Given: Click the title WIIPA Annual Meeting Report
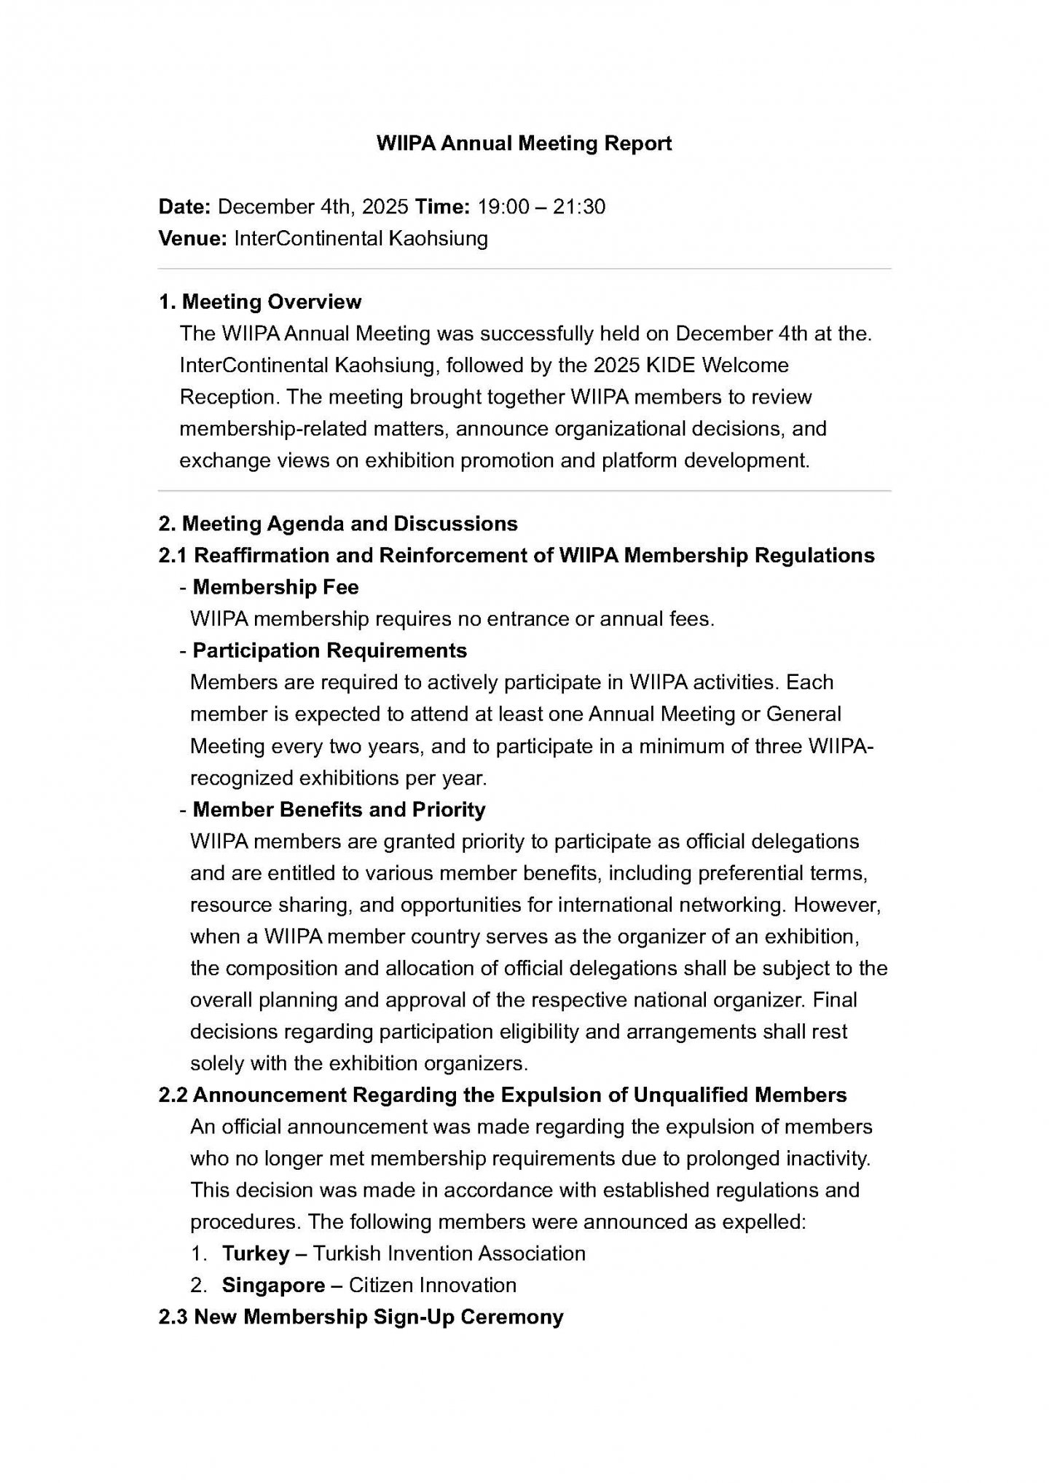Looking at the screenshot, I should tap(524, 143).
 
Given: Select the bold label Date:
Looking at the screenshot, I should tap(184, 207).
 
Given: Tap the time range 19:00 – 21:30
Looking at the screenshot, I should tap(541, 207).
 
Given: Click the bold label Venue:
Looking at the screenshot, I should tap(193, 238).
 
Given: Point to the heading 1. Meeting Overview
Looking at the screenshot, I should tap(260, 302).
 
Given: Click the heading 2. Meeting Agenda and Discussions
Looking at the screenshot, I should tap(338, 524).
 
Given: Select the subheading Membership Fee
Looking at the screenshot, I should tap(275, 587).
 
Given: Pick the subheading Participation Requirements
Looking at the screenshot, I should tap(329, 650).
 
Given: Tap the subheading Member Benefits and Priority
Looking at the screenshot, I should tap(339, 809).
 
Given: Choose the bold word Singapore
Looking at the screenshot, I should tap(273, 1285).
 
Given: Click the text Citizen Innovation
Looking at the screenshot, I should tap(433, 1285).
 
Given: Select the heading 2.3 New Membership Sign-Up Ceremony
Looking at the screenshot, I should tap(361, 1317).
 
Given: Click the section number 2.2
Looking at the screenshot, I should tap(173, 1095).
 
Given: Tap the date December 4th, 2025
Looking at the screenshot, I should tap(313, 207).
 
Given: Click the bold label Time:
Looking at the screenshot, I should tap(442, 207).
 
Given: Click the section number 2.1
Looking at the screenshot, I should tap(173, 556).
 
